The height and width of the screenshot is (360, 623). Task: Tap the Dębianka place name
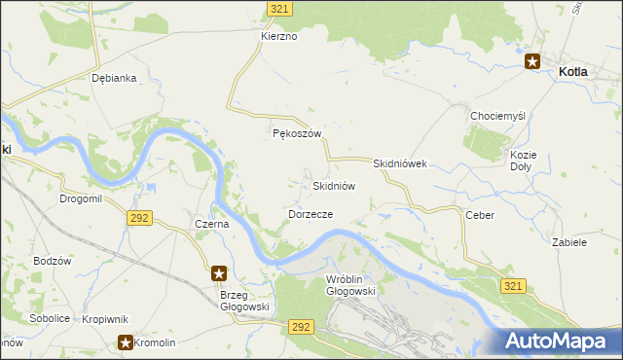(112, 78)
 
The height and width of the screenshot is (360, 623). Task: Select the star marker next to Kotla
(533, 61)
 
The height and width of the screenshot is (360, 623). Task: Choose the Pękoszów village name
(296, 134)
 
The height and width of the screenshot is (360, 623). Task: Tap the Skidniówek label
(400, 164)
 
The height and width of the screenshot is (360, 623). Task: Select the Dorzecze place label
(311, 213)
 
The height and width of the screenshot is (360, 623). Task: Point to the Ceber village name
(480, 215)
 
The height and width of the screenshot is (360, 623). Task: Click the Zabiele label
(568, 242)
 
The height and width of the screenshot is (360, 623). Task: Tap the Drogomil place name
(80, 198)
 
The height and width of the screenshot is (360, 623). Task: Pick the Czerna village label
(211, 224)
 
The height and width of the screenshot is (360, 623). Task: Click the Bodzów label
(53, 261)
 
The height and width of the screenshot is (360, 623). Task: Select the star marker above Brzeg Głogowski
(220, 273)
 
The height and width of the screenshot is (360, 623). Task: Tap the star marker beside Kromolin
(127, 342)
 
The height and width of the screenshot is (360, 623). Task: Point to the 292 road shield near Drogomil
(138, 218)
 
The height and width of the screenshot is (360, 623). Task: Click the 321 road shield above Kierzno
(280, 8)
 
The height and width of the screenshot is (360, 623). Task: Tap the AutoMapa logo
(561, 341)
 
